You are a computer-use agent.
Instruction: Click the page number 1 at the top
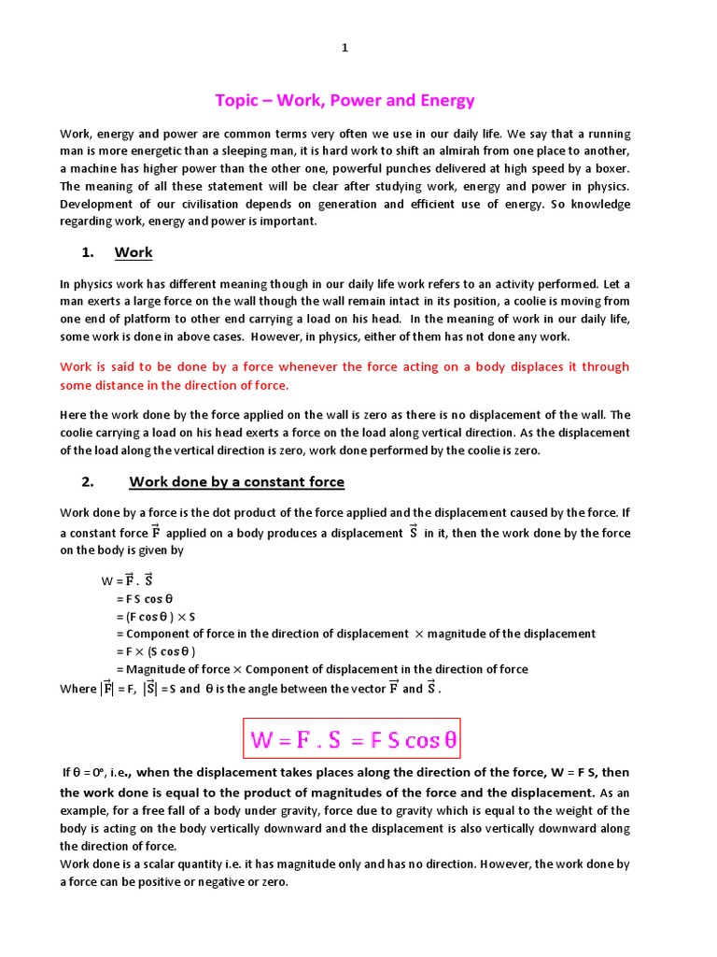pos(344,50)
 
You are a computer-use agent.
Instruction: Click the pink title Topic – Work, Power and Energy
pos(344,100)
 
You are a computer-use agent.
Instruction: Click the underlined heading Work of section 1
pos(134,252)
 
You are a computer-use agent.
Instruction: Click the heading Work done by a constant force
pos(236,482)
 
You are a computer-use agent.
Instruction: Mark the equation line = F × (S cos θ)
pos(156,651)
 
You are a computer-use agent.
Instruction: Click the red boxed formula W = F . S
pos(354,740)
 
